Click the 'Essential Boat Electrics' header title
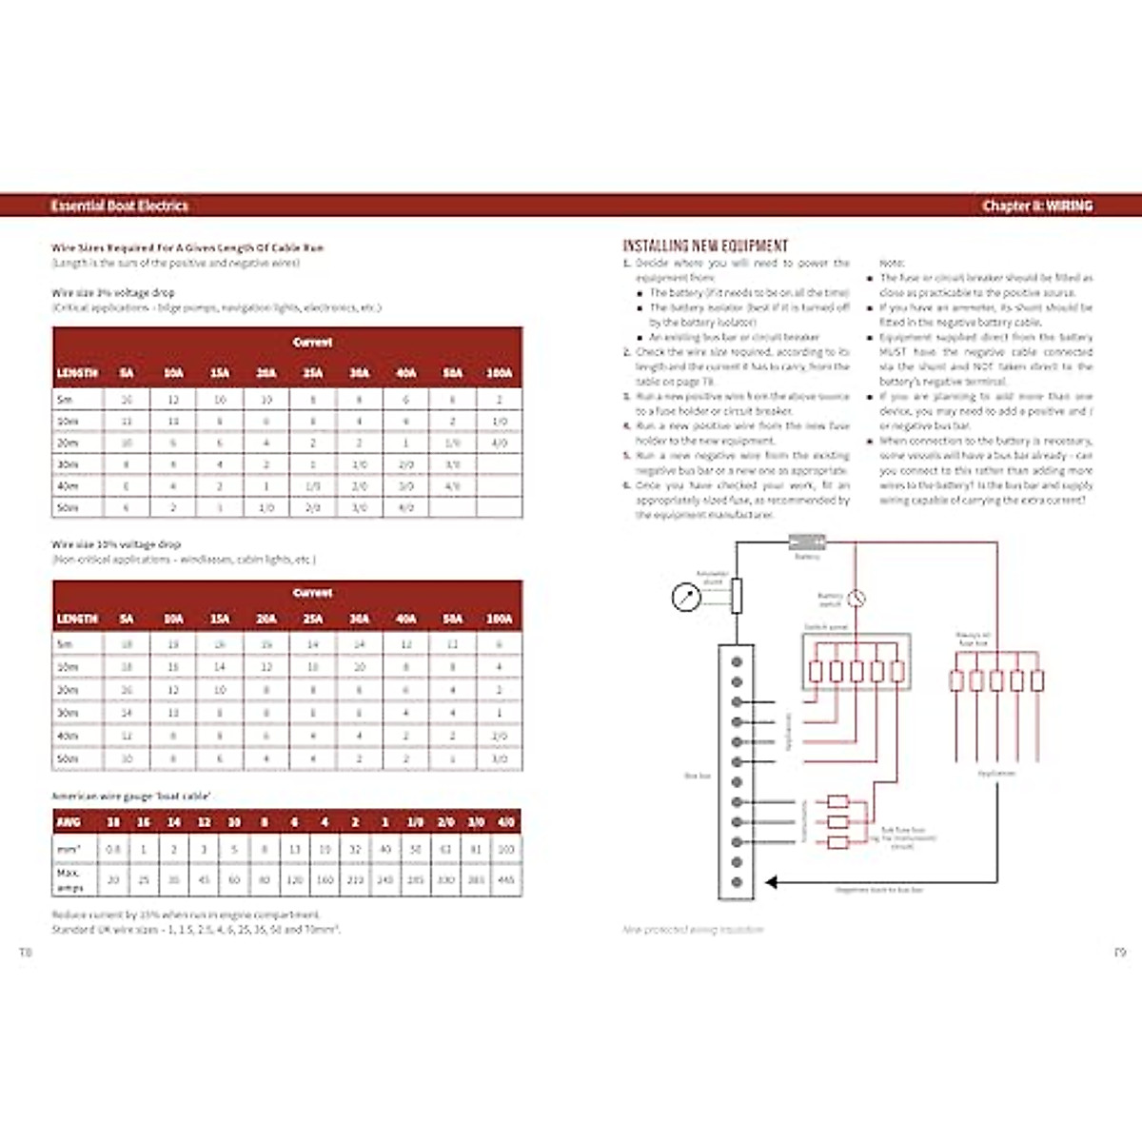pos(119,206)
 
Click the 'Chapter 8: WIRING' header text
pos(1037,206)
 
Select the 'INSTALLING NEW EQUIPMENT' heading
pos(705,246)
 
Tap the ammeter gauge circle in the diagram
pos(686,598)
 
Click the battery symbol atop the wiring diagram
pos(807,542)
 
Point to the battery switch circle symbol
pos(856,599)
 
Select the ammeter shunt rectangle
pos(736,596)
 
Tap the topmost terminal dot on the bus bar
pos(736,661)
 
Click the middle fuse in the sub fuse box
pos(837,821)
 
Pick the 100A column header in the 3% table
pos(499,373)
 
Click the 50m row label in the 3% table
pos(68,508)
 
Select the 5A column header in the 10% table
pos(127,619)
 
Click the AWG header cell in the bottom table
pos(69,821)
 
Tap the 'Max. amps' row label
pos(69,879)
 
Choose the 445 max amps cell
pos(506,879)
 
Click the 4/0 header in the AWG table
pos(506,821)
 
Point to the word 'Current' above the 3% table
pos(312,342)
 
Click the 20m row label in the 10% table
pos(68,690)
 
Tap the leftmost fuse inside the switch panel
pos(816,672)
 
